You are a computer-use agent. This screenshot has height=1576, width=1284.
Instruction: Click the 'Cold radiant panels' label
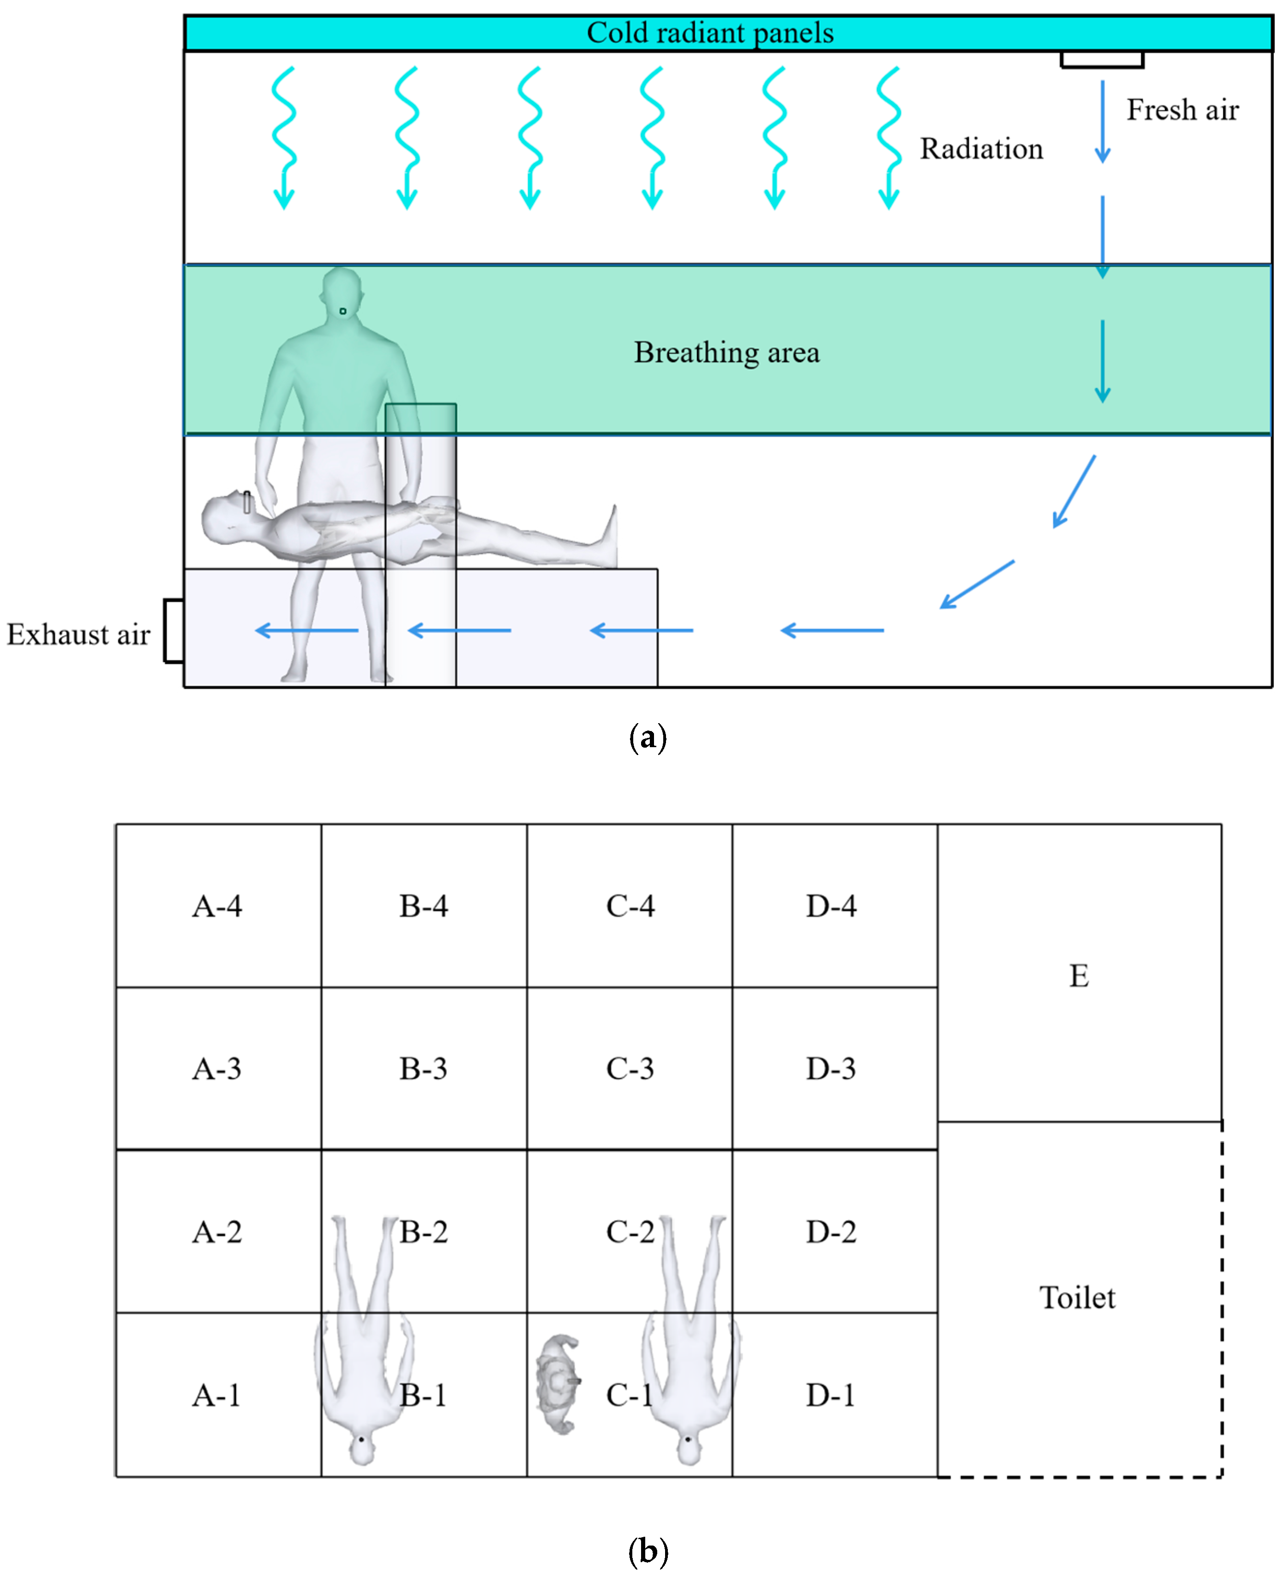pos(709,33)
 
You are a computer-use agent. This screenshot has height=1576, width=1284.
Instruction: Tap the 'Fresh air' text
pos(1182,110)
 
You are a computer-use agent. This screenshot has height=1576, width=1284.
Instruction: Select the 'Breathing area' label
pos(726,353)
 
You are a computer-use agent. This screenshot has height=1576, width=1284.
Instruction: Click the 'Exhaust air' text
pos(78,635)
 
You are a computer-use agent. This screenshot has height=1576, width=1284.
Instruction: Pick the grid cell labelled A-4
pos(217,906)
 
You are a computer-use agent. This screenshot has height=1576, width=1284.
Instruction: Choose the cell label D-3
pos(831,1069)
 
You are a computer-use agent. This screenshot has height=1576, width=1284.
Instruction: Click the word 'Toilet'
pos(1077,1298)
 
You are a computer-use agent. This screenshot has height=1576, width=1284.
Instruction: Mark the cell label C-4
pos(630,906)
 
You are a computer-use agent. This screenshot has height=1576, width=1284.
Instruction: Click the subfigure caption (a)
pos(647,738)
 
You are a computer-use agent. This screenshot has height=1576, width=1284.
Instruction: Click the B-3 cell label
pos(423,1069)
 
